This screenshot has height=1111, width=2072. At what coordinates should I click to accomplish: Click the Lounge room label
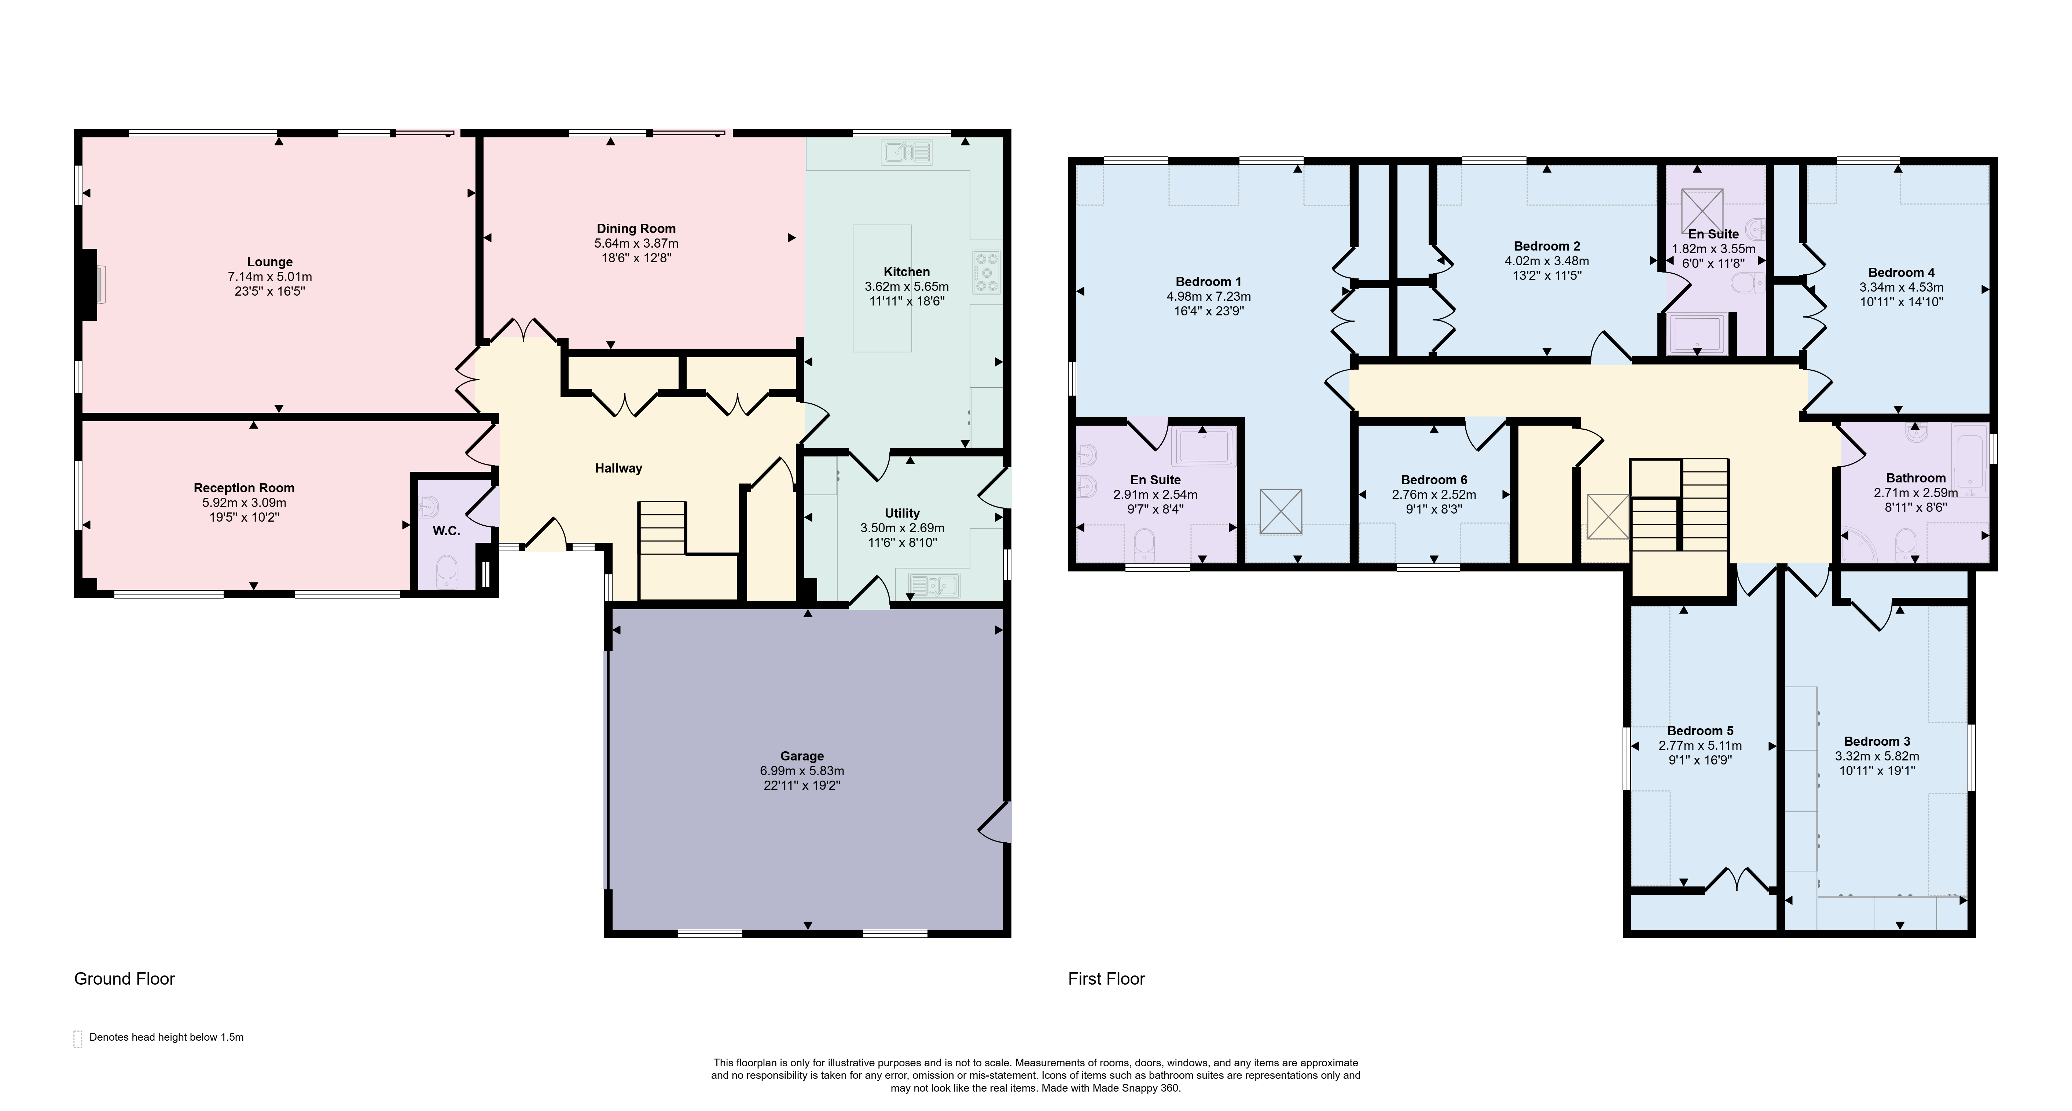(x=269, y=262)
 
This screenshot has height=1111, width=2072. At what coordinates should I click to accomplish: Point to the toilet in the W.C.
(x=447, y=573)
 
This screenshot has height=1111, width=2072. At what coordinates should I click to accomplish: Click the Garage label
(x=802, y=756)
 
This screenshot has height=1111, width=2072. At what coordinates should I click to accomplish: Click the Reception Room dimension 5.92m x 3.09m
(x=244, y=503)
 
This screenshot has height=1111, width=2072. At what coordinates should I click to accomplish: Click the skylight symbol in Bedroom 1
(x=1281, y=511)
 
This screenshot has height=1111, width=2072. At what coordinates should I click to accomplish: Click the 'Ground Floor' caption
(x=125, y=978)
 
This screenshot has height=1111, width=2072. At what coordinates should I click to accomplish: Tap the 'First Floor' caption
(x=1106, y=978)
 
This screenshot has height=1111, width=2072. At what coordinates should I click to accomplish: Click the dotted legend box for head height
(x=78, y=1038)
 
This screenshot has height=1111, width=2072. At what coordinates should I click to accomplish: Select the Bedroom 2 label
(x=1547, y=246)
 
